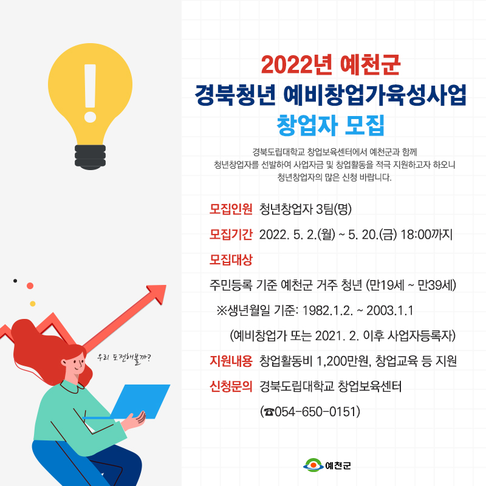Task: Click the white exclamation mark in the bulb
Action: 90,93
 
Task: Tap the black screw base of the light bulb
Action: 90,157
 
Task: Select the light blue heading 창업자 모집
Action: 330,125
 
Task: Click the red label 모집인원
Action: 231,209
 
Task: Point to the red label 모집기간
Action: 231,234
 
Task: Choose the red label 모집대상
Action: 231,260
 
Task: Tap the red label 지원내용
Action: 231,361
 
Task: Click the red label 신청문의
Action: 231,386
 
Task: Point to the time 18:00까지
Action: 426,234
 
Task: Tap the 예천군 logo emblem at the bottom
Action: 313,465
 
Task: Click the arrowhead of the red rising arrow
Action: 157,293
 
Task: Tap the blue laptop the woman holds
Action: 140,402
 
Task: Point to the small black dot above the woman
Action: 15,281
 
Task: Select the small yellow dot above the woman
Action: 33,304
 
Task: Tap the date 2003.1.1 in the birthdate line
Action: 390,310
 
